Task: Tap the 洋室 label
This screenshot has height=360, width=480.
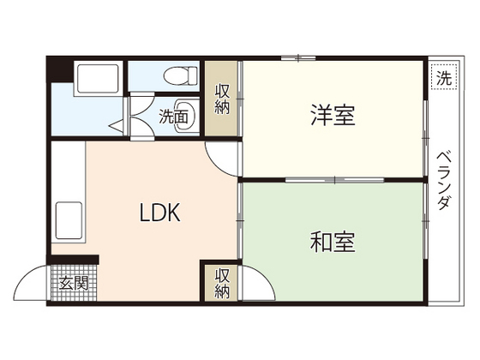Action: (333, 115)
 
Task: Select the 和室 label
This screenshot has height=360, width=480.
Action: (333, 243)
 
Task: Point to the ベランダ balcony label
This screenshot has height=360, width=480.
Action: (444, 180)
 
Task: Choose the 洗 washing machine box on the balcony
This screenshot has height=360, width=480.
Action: (441, 78)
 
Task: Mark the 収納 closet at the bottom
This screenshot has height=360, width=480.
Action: (222, 284)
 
